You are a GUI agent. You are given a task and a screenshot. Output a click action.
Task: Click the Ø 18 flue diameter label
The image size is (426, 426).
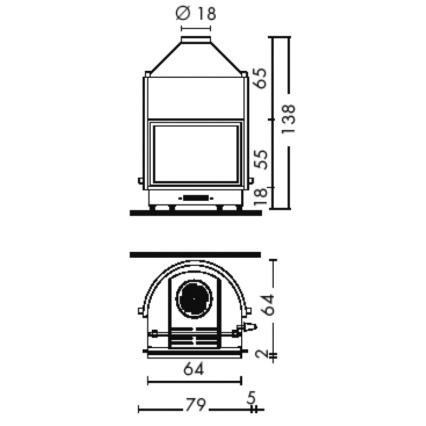196,13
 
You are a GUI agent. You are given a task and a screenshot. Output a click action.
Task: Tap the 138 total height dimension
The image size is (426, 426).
288,119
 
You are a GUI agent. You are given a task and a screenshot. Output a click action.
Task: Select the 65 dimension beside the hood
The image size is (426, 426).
260,78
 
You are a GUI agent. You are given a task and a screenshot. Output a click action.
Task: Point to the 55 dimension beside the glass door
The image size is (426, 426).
260,159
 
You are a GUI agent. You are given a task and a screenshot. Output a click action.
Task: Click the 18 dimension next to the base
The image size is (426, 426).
260,196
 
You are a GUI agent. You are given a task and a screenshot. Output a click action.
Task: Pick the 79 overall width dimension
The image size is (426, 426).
195,405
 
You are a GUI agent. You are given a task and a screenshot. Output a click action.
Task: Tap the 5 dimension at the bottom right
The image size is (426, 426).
251,397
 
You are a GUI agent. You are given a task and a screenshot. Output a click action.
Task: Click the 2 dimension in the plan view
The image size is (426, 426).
262,354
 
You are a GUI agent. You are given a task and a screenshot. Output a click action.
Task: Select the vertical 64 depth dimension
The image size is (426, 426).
269,305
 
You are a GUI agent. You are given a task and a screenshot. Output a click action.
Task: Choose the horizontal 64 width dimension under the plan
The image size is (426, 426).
193,369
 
